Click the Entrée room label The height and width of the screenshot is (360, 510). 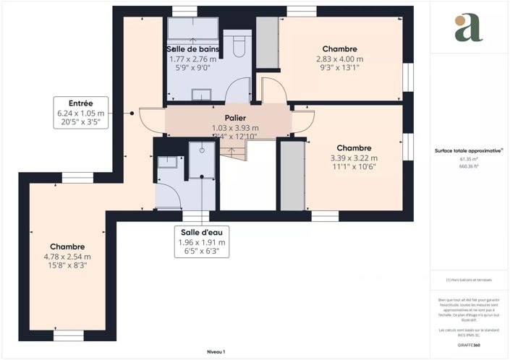point(81,103)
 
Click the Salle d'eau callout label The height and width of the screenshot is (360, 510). point(203,232)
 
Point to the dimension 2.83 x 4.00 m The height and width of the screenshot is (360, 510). point(339,59)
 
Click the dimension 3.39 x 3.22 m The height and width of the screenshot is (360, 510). point(354,158)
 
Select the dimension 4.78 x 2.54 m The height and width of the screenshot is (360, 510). point(67,257)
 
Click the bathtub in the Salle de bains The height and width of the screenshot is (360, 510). point(193,28)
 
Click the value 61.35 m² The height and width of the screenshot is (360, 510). point(468,159)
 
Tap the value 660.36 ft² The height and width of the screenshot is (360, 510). point(468,166)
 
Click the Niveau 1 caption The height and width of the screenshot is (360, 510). point(216,351)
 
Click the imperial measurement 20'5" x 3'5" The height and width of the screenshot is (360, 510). point(81,123)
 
